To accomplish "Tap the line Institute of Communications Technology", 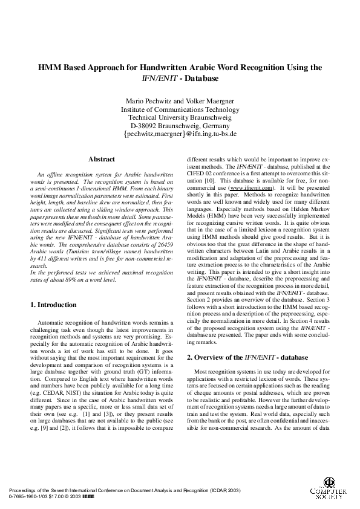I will click(x=180, y=109).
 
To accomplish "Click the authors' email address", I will click(x=180, y=134).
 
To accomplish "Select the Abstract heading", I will click(x=101, y=160).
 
